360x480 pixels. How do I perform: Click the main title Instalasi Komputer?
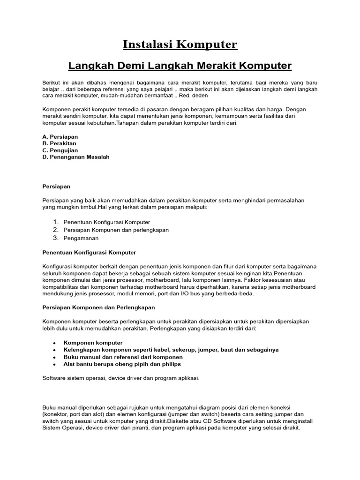click(x=180, y=45)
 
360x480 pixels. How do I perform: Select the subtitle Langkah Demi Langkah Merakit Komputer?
click(x=180, y=65)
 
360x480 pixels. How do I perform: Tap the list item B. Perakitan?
click(x=60, y=143)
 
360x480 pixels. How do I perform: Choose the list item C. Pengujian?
click(x=60, y=150)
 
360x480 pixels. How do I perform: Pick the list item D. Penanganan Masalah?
click(x=76, y=157)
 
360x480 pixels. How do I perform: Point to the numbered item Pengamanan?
click(x=81, y=238)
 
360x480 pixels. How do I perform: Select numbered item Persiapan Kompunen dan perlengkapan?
click(x=116, y=230)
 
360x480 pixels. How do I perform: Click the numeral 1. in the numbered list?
click(x=55, y=222)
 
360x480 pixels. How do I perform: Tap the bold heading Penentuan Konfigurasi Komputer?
click(x=89, y=253)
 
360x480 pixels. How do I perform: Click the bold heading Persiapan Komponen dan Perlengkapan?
click(x=98, y=307)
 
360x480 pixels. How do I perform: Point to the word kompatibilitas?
click(x=61, y=287)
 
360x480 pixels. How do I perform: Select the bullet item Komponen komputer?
click(x=93, y=343)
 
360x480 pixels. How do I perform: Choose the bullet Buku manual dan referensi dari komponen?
click(x=123, y=357)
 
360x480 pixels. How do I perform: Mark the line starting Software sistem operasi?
click(x=121, y=378)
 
